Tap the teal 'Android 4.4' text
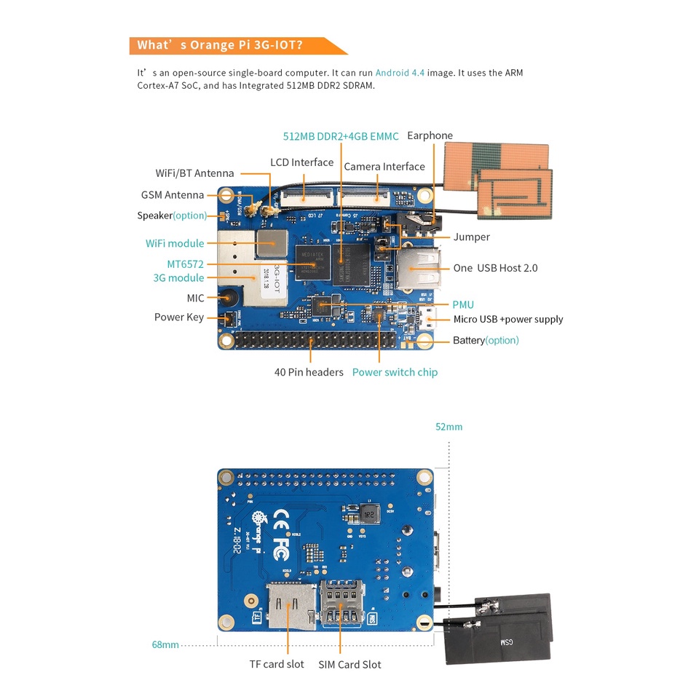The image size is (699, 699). click(400, 73)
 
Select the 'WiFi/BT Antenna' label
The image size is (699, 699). click(194, 173)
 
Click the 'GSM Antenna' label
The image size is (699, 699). click(173, 195)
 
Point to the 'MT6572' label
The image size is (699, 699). click(185, 264)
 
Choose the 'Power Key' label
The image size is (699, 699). click(179, 317)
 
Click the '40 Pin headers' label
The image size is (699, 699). click(309, 372)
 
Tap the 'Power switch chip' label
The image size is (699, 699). click(395, 372)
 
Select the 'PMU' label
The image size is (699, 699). click(463, 304)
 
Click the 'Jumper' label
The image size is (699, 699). click(471, 237)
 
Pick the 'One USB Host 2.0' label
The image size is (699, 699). click(495, 268)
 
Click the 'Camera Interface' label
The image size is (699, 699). click(384, 167)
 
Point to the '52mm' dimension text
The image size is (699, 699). click(449, 427)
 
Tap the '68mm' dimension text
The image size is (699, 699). click(165, 644)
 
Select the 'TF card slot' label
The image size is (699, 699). click(277, 664)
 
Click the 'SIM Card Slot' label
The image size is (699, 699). click(349, 664)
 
